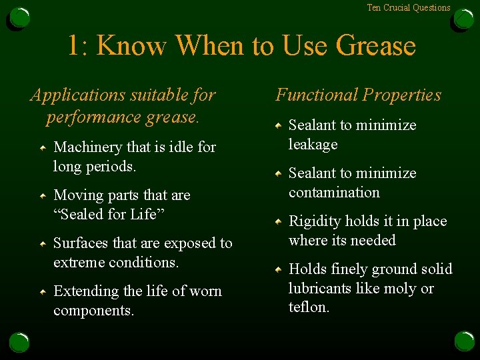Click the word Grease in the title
click(375, 46)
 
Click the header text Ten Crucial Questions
click(409, 8)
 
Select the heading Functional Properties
click(359, 95)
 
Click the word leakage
click(313, 144)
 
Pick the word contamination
click(334, 192)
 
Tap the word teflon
click(309, 307)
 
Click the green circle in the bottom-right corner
click(464, 341)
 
